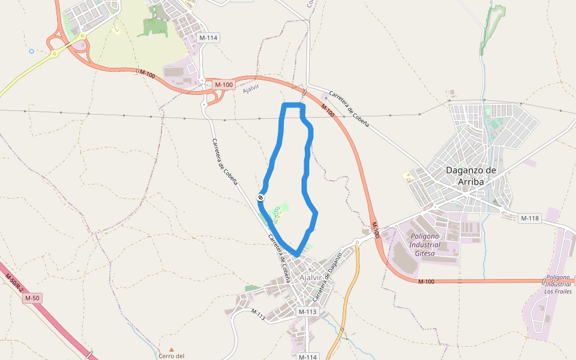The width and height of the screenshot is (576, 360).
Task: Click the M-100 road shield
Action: click(223, 85)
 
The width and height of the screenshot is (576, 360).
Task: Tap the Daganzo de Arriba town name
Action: click(471, 175)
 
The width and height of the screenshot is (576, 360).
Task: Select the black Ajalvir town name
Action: click(310, 278)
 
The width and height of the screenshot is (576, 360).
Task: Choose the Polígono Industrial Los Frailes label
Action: click(557, 284)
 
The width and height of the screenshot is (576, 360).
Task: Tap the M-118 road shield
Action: click(530, 218)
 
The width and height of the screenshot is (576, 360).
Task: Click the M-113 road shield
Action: click(307, 311)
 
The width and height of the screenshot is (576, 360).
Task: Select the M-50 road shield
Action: click(32, 298)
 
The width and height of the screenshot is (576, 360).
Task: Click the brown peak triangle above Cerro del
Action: click(172, 349)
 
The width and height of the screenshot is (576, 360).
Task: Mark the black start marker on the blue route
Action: click(261, 197)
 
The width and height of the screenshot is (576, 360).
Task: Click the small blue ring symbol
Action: click(31, 51)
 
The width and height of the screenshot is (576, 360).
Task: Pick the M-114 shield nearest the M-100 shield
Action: click(208, 38)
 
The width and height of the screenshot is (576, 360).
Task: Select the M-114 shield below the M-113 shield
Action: click(307, 356)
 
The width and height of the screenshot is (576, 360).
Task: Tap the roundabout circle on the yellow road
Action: click(55, 53)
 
